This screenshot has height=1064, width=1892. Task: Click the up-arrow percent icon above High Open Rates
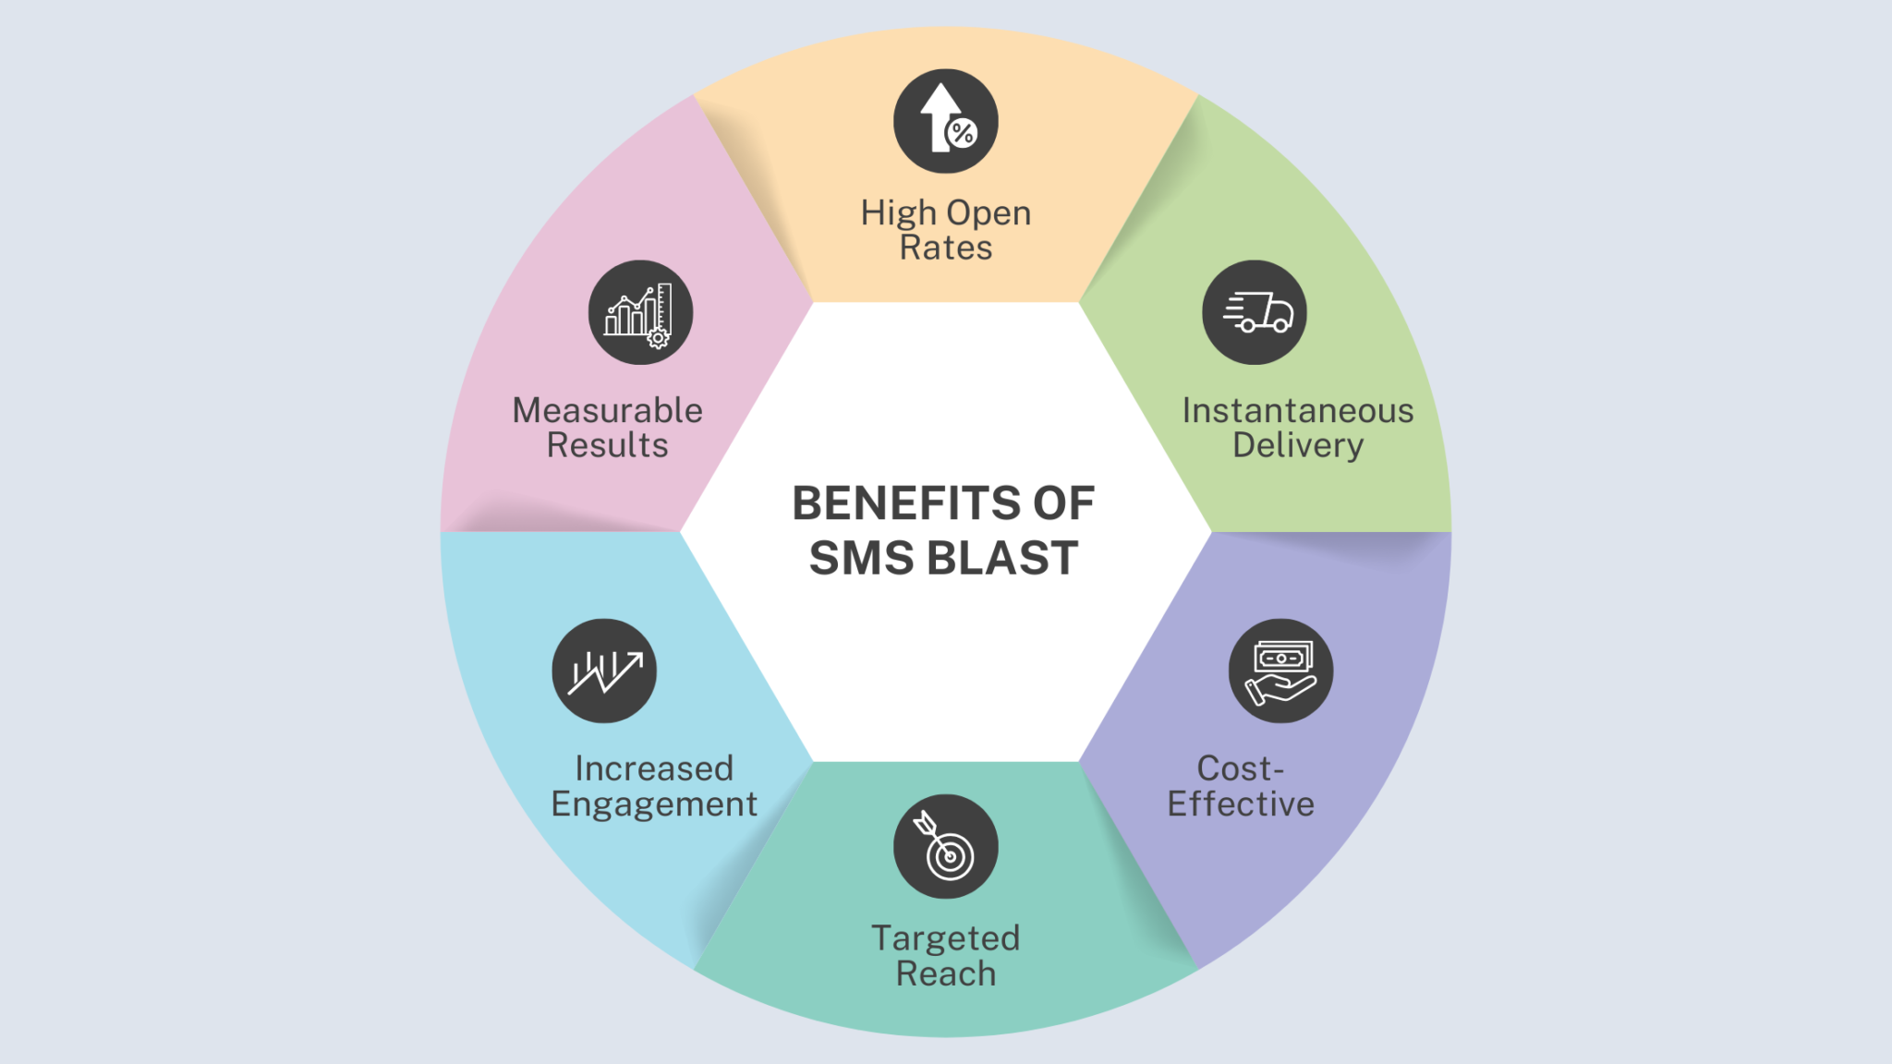pyautogui.click(x=945, y=121)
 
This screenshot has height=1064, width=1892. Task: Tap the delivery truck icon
pyautogui.click(x=1254, y=312)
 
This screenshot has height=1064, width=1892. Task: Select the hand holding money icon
pyautogui.click(x=1280, y=671)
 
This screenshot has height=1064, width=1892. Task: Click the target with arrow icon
pyautogui.click(x=945, y=846)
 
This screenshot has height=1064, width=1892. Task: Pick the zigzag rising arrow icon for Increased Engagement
pyautogui.click(x=604, y=671)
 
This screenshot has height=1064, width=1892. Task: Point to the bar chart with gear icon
pyautogui.click(x=640, y=312)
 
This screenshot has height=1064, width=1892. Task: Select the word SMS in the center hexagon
pyautogui.click(x=861, y=558)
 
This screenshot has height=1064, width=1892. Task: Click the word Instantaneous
pyautogui.click(x=1297, y=410)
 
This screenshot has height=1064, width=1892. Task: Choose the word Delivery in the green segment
pyautogui.click(x=1297, y=445)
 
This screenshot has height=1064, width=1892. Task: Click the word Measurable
pyautogui.click(x=607, y=410)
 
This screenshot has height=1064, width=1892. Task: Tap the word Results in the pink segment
pyautogui.click(x=607, y=445)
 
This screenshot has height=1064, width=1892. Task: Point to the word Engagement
pyautogui.click(x=654, y=804)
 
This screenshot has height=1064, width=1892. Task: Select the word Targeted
pyautogui.click(x=945, y=938)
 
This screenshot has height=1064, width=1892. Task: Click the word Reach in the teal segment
pyautogui.click(x=945, y=973)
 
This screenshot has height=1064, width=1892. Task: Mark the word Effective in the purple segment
pyautogui.click(x=1240, y=804)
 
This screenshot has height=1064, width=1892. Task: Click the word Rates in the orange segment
pyautogui.click(x=945, y=248)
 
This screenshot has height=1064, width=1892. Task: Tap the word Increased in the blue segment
pyautogui.click(x=654, y=768)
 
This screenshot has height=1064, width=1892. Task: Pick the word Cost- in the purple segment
pyautogui.click(x=1240, y=768)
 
